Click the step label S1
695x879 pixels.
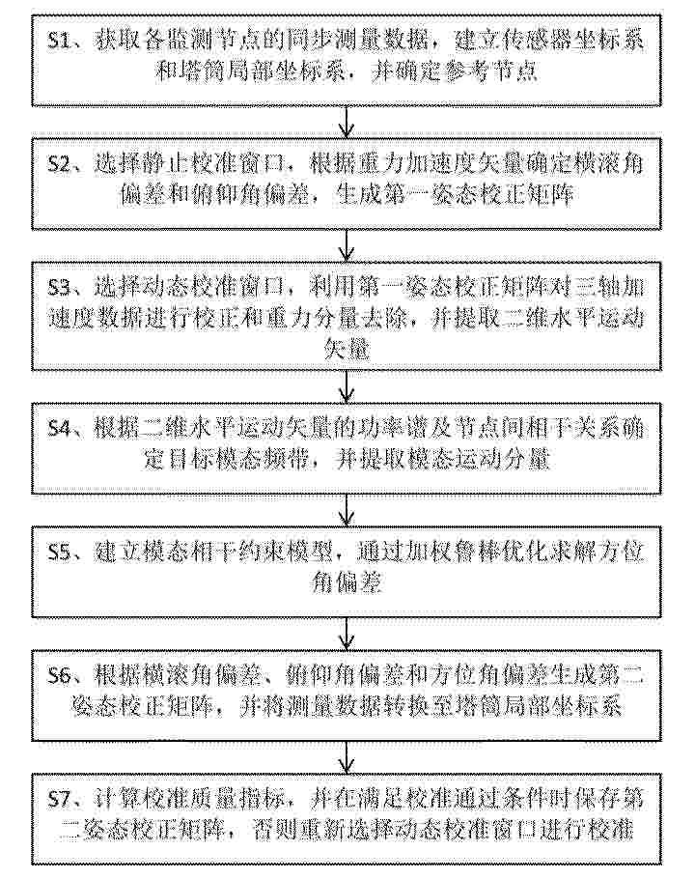tap(59, 42)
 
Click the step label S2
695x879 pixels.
tap(59, 165)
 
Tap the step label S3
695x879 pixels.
tap(59, 288)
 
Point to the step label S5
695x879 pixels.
tap(59, 553)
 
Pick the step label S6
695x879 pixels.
tap(59, 676)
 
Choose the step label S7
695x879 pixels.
tap(59, 800)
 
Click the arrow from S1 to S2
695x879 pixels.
tap(347, 122)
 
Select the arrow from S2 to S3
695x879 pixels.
tap(347, 245)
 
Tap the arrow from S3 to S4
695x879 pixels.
tap(347, 386)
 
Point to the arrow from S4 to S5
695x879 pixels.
tap(347, 510)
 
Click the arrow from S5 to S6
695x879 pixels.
tap(347, 634)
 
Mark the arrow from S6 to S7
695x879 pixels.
tap(347, 756)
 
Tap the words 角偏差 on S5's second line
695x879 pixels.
tap(347, 583)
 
